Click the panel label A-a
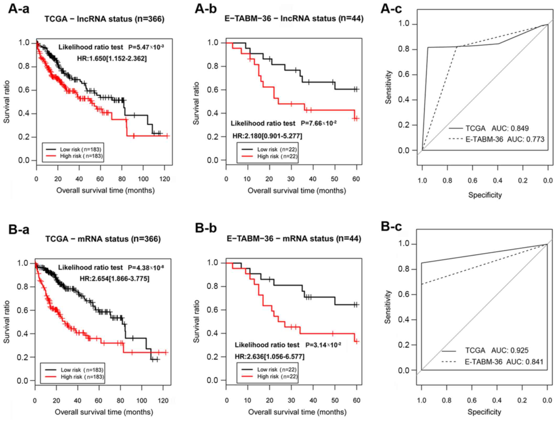coord(19,9)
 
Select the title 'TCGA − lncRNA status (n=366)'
coord(104,19)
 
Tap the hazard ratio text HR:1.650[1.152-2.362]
coord(112,58)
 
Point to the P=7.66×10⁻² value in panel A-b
coord(318,123)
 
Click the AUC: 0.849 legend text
coord(510,128)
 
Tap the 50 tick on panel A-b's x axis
coord(335,179)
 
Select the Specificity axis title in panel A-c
coord(485,195)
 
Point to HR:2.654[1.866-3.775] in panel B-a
coord(114,279)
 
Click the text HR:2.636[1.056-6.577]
coord(270,356)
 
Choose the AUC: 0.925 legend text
coord(509,350)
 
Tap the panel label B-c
coord(391,226)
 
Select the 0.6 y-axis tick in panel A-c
coord(404,75)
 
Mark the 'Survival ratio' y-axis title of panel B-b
coord(196,321)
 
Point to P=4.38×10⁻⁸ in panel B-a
coord(146,268)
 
